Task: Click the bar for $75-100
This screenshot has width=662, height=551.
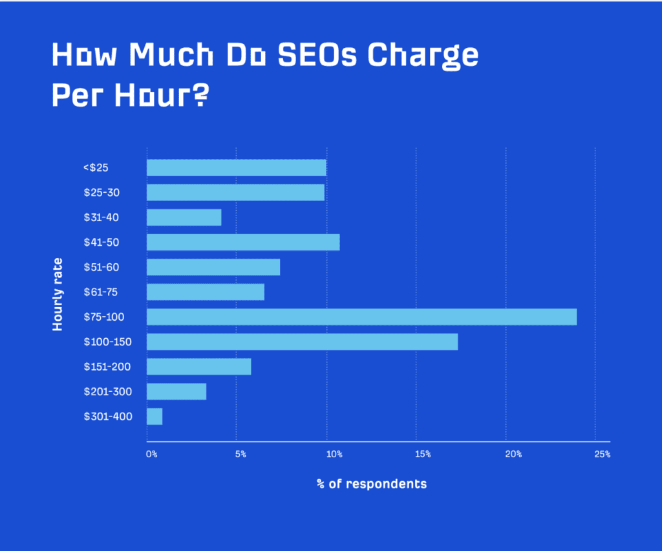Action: click(361, 317)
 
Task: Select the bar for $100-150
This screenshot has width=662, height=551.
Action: click(302, 341)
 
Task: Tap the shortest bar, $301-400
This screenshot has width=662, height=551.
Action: click(155, 416)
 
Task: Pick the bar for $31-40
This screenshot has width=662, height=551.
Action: click(184, 217)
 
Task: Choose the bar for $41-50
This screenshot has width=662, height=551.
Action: click(243, 242)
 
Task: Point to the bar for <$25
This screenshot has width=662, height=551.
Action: click(236, 167)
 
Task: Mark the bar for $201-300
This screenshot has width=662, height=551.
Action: click(176, 391)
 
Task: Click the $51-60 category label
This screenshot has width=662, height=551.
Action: click(101, 267)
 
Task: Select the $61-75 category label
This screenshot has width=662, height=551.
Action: click(101, 292)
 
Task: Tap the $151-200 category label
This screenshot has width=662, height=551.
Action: click(107, 367)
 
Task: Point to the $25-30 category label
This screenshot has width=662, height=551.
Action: click(101, 193)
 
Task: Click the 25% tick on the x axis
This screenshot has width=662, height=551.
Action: click(602, 455)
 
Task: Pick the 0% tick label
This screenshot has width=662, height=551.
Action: click(152, 455)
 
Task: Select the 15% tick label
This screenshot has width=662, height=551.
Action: click(423, 455)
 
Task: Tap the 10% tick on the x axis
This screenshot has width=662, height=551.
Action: click(334, 455)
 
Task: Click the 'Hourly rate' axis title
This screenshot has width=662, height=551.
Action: click(58, 294)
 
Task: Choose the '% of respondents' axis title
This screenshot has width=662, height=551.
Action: click(372, 484)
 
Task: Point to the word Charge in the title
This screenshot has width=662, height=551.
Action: click(423, 57)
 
